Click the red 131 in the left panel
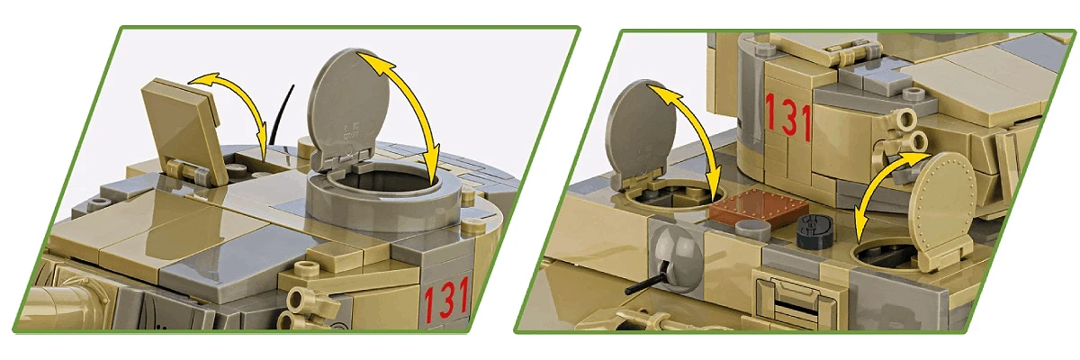pos(446,298)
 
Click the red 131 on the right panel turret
pos(787,118)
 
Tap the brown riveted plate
pos(760,208)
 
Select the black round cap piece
pos(814,231)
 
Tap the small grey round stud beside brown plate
pos(753,229)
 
